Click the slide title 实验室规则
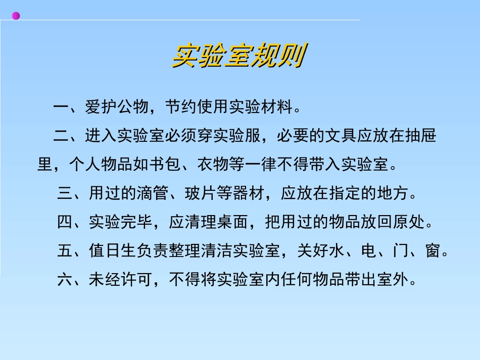(238, 57)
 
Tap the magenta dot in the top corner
(16, 16)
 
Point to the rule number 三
(65, 193)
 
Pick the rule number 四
(65, 222)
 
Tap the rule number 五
(65, 250)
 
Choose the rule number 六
(65, 279)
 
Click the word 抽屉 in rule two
(420, 136)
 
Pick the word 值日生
(113, 250)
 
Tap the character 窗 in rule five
(433, 250)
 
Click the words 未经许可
(121, 279)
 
